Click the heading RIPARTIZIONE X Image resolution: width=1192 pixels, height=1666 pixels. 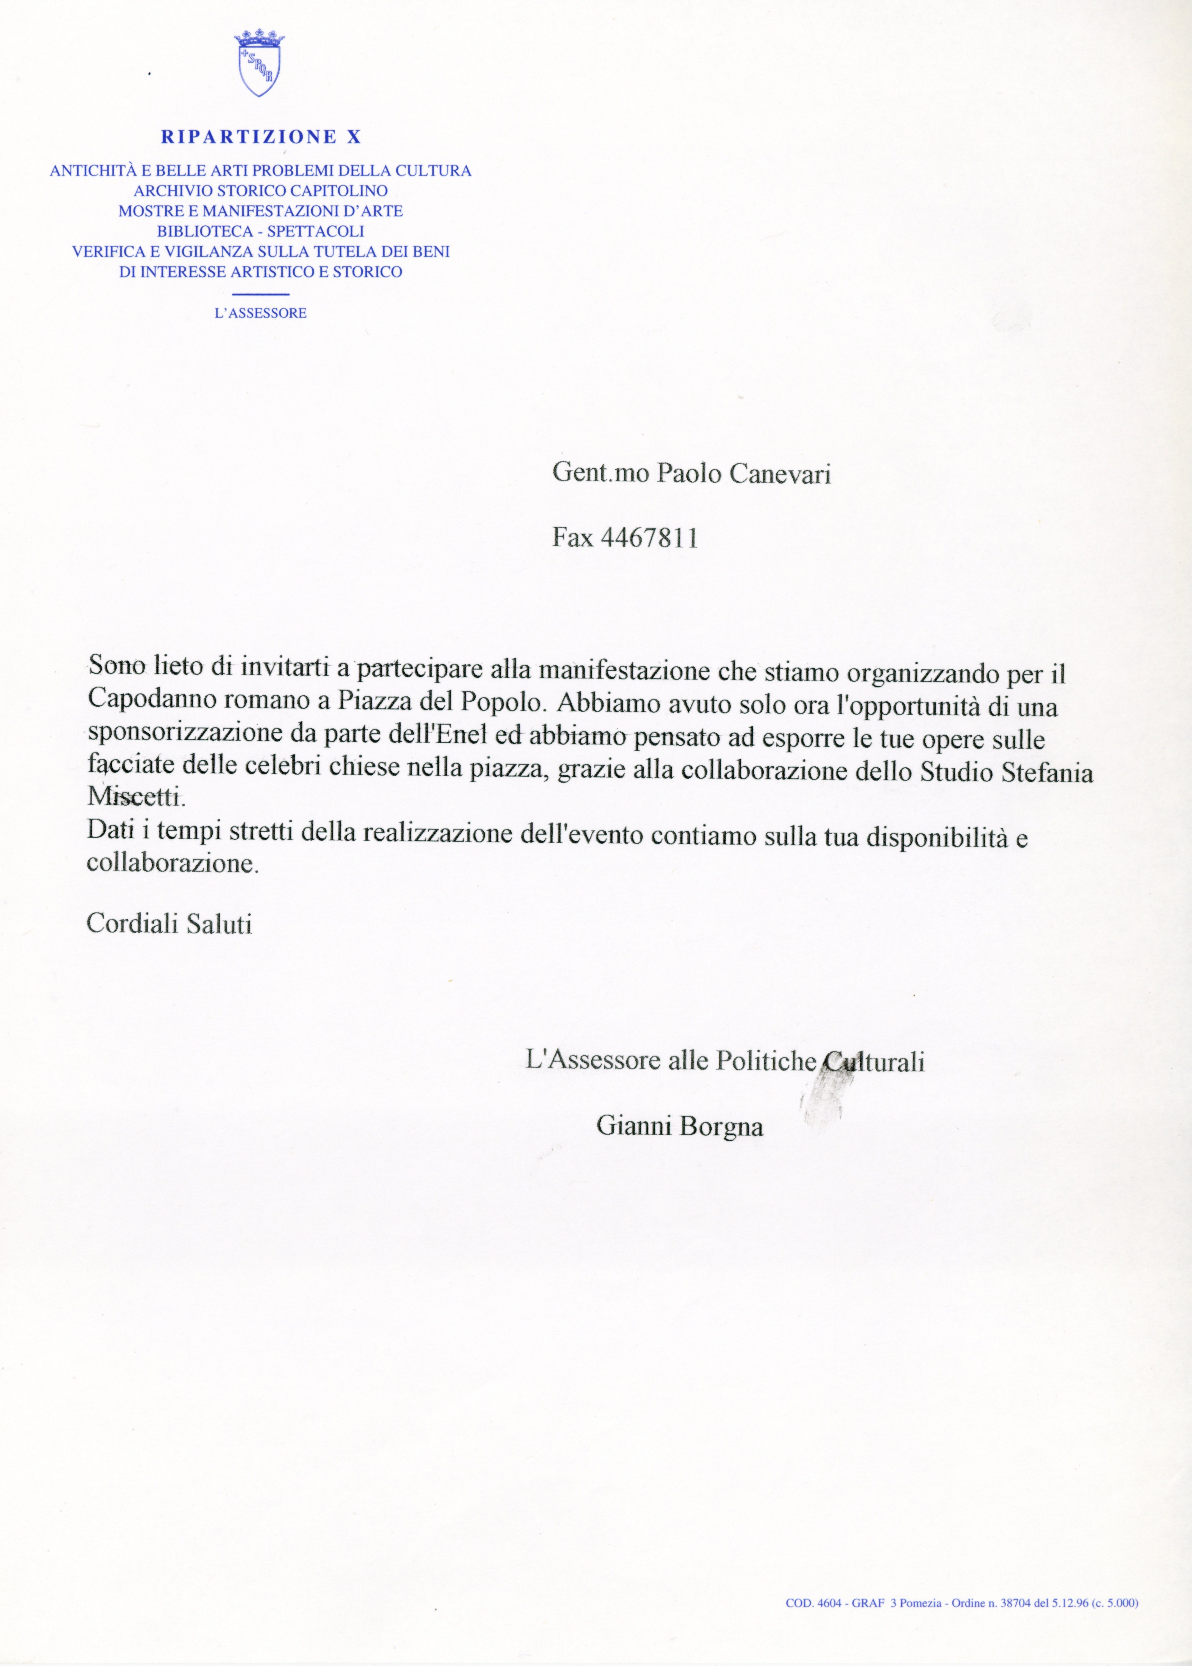coord(261,137)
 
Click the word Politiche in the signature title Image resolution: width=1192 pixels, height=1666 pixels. coord(766,1062)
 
